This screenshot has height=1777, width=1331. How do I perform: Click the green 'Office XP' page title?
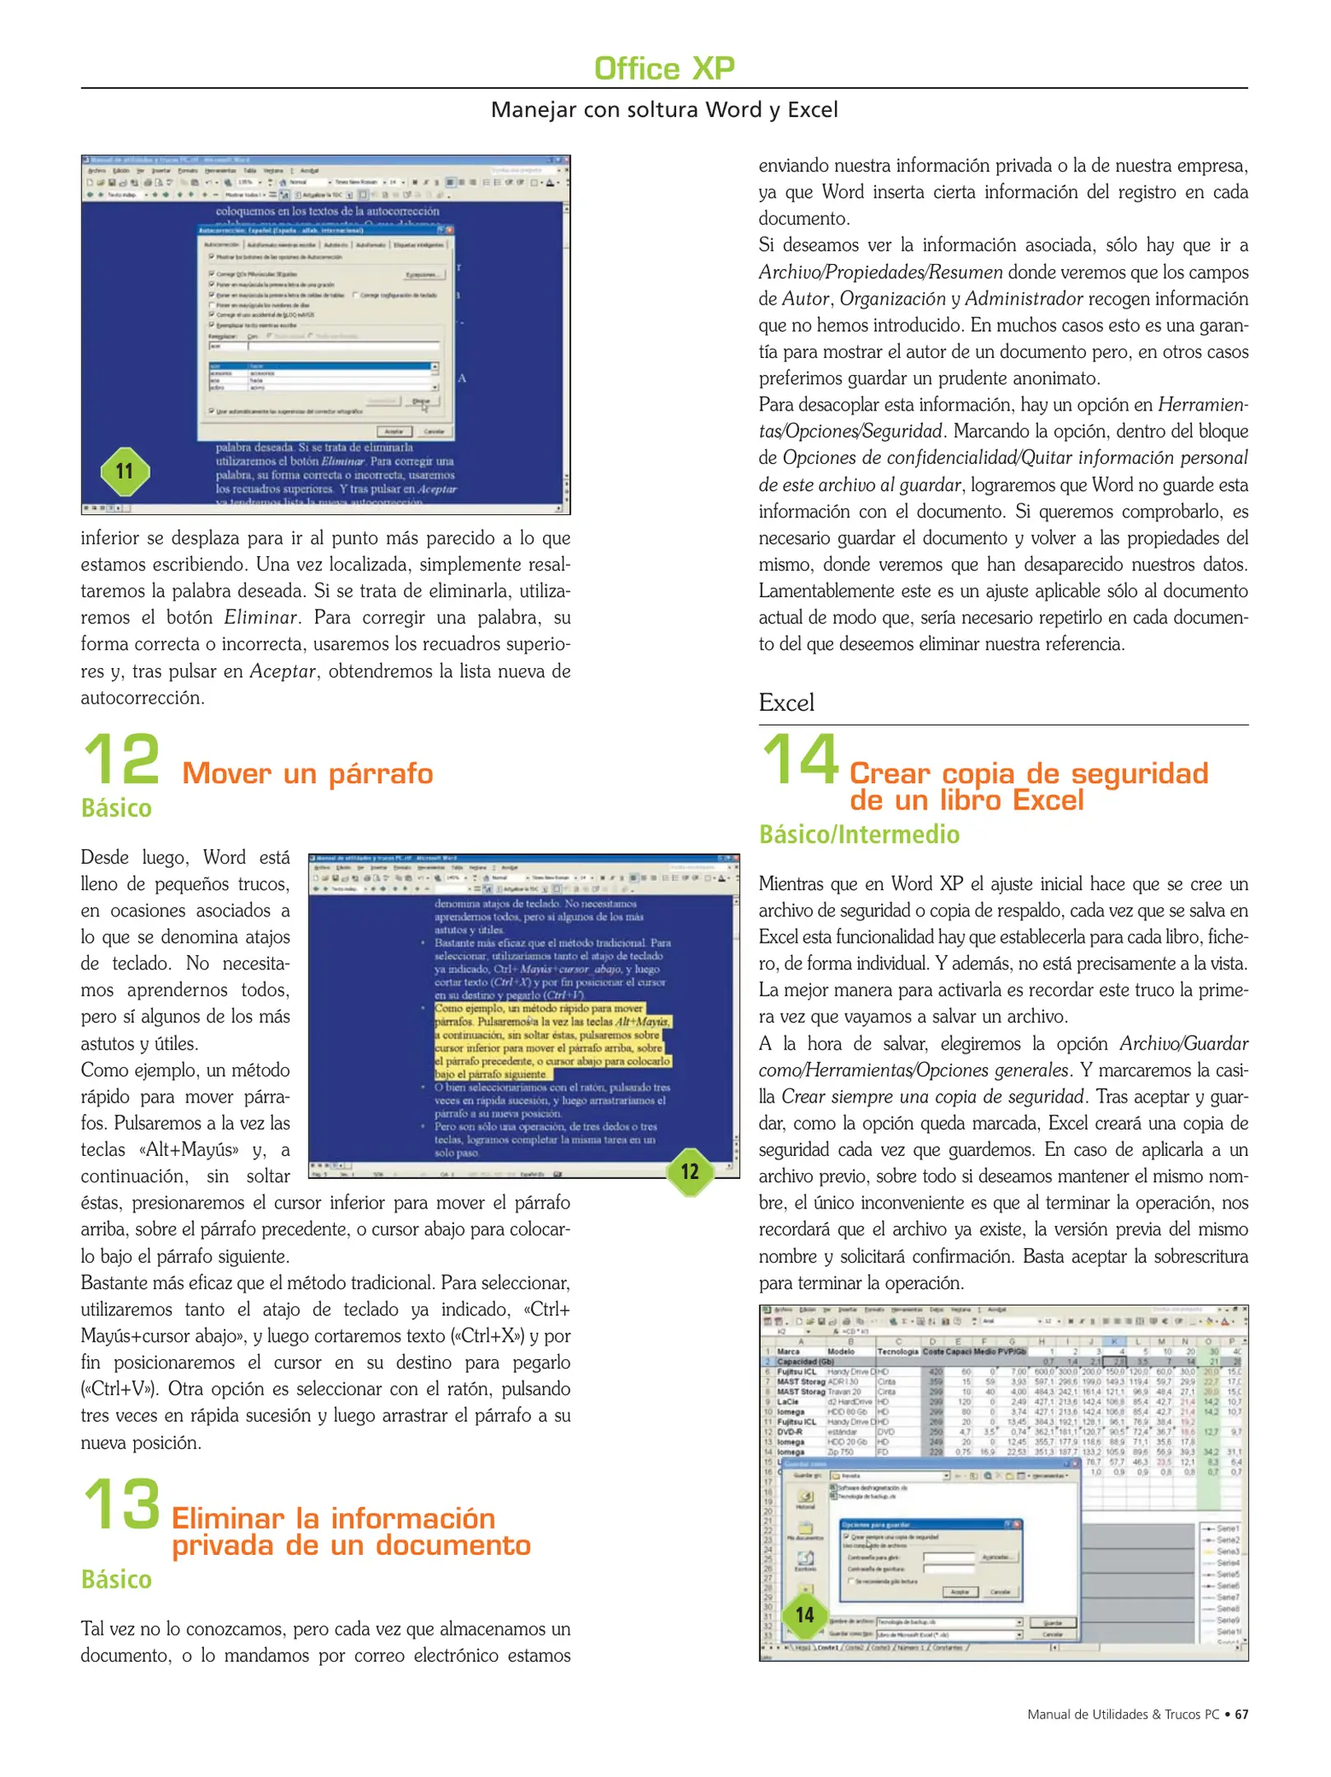(x=664, y=68)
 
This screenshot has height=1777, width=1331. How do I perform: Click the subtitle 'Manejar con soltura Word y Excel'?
(x=664, y=109)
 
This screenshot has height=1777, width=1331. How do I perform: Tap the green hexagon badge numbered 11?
(x=124, y=471)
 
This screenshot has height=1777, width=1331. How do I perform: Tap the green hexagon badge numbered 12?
(x=689, y=1172)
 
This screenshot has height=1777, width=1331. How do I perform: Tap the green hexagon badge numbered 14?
(x=805, y=1615)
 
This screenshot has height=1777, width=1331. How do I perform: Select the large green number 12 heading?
(x=122, y=759)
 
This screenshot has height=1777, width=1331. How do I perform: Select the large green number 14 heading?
(x=800, y=759)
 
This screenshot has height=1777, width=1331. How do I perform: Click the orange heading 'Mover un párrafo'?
(x=308, y=773)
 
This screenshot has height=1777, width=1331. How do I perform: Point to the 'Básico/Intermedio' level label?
(x=859, y=834)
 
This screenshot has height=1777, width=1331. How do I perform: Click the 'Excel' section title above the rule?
(x=786, y=703)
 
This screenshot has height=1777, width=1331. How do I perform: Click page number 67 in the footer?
(x=1241, y=1714)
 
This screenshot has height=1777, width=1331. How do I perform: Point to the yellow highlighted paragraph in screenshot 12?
(x=551, y=1041)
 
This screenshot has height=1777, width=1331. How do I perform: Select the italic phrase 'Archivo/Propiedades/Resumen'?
(x=880, y=272)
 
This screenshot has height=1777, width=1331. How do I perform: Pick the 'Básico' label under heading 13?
(x=116, y=1580)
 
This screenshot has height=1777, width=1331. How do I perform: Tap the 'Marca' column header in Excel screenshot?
(x=788, y=1352)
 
